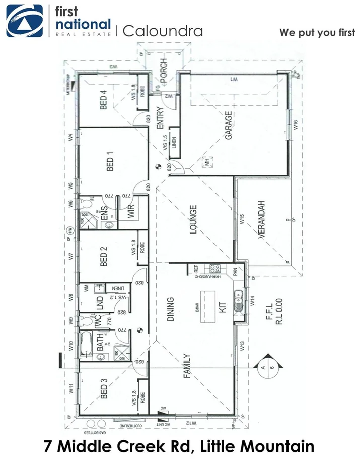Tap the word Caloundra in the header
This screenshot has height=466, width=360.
[163, 31]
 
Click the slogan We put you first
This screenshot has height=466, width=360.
[317, 32]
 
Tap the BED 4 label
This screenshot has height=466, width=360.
[104, 100]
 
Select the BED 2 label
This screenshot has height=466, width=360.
[104, 257]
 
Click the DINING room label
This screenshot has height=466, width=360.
[170, 309]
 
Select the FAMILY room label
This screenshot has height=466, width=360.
[186, 365]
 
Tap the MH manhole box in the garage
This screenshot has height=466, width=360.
[206, 162]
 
